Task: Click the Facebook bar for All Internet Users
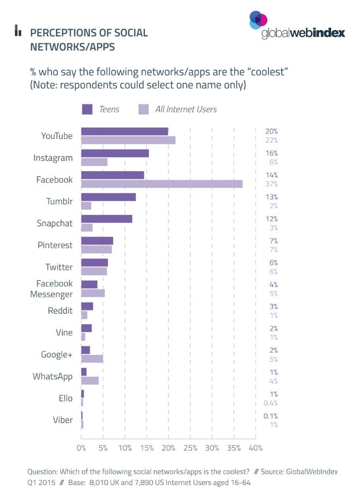pos(162,184)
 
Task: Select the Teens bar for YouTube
pos(124,131)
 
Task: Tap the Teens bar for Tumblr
pos(108,197)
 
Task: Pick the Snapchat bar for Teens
pos(106,219)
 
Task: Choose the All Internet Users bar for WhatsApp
pos(90,380)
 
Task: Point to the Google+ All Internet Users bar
pos(92,358)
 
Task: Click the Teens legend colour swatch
pos(87,109)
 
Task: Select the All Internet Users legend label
pos(185,109)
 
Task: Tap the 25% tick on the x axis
pos(190,448)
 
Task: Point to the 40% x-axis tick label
pos(255,448)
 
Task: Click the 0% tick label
pos(81,448)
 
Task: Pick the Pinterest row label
pos(55,245)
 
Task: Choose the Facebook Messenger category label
pos(54,289)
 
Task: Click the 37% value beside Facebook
pos(271,184)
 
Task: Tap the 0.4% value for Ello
pos(270,402)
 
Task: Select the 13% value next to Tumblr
pos(271,197)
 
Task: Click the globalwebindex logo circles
pos(258,20)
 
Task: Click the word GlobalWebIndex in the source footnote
pos(311,471)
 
